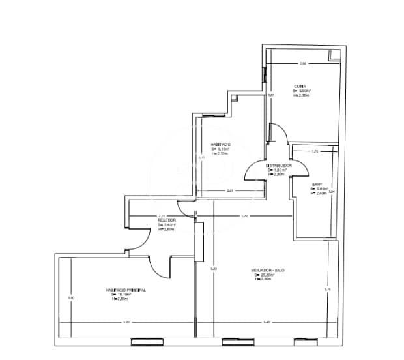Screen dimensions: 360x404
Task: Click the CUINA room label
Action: (x=300, y=86)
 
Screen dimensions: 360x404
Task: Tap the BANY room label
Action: (x=317, y=185)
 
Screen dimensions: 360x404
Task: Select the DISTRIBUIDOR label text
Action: (x=278, y=166)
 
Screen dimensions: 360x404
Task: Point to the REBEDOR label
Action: (x=166, y=220)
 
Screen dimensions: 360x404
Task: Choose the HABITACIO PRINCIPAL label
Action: (x=125, y=290)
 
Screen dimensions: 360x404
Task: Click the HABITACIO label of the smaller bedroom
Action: (x=220, y=144)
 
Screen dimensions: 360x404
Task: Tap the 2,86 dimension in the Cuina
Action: (x=302, y=64)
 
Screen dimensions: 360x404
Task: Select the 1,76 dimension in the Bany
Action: (x=315, y=151)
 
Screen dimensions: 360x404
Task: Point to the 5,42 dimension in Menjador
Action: (x=267, y=322)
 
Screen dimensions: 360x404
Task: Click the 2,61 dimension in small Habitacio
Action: (x=230, y=190)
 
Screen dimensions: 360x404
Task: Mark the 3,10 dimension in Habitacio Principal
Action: (x=71, y=298)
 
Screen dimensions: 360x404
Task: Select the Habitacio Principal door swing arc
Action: (x=160, y=267)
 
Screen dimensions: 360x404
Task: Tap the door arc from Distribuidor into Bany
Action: (x=285, y=171)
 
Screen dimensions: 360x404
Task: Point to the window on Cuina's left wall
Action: (x=265, y=74)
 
